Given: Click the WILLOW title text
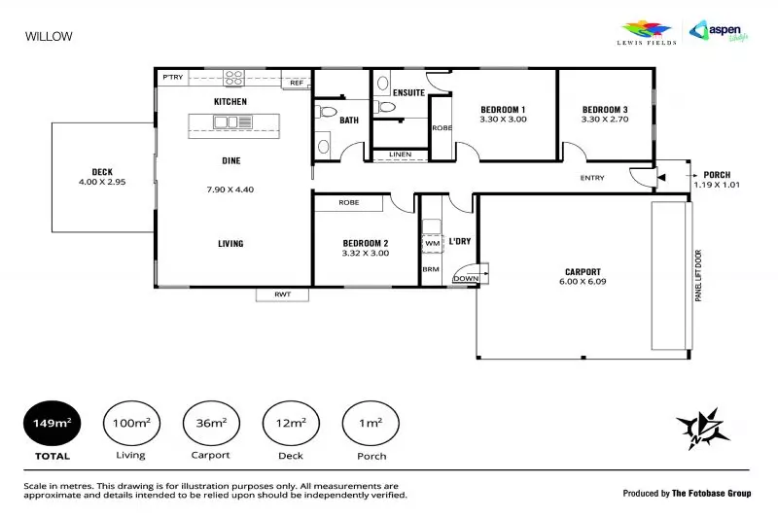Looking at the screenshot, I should click(48, 37).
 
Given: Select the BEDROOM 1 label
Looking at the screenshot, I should click(503, 109).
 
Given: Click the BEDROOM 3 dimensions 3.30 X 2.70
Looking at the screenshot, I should click(605, 120).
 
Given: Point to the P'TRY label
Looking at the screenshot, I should click(173, 78).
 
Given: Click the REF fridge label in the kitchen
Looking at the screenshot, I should click(297, 84).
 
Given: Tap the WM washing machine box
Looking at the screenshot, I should click(432, 243).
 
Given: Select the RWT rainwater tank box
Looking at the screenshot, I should click(282, 294).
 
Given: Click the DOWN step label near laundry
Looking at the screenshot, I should click(467, 278).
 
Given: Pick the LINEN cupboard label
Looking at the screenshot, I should click(399, 155).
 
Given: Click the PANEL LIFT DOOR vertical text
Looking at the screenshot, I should click(697, 276).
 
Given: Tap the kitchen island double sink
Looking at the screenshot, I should click(227, 122).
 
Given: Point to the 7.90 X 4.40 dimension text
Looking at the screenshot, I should click(230, 190).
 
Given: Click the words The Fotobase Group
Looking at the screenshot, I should click(712, 494).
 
